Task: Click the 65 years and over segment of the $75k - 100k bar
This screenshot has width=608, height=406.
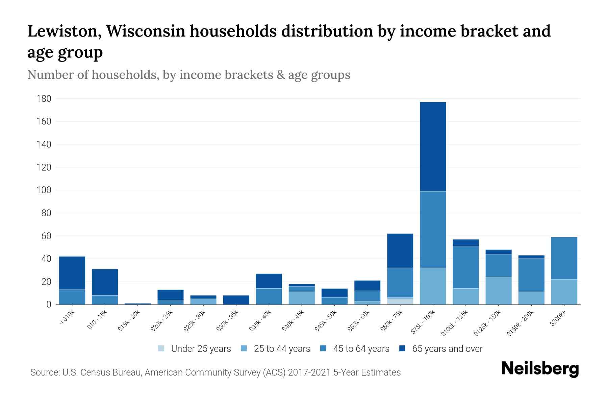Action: tap(433, 146)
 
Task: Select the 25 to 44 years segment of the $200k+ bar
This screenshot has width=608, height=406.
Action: tap(564, 292)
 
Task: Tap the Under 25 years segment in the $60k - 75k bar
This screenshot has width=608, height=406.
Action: tap(400, 301)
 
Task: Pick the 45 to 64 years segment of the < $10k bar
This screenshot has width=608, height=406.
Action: tap(72, 297)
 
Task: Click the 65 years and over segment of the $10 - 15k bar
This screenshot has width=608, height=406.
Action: tap(105, 282)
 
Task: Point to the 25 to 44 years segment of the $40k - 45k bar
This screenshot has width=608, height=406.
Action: tap(302, 298)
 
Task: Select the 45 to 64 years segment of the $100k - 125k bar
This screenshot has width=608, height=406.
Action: tap(465, 267)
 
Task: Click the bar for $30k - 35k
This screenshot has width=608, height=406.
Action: tap(236, 300)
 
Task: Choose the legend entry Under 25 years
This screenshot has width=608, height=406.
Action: tap(195, 348)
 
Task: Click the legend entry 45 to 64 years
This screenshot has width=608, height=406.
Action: tap(355, 348)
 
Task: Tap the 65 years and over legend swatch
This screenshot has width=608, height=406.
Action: tap(402, 348)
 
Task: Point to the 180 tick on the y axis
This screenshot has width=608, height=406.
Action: tap(44, 99)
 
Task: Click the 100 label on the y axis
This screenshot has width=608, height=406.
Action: tap(44, 190)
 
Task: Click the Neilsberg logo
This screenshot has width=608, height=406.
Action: tap(540, 369)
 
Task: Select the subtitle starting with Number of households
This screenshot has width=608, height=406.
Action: tap(189, 75)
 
